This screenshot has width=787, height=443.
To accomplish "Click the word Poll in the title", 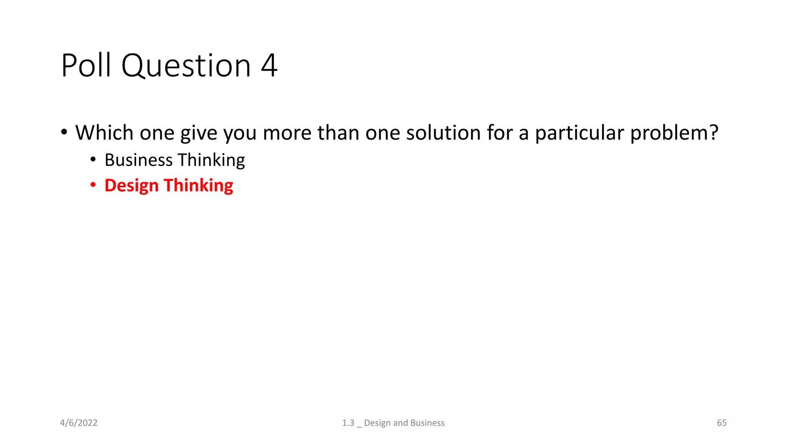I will click(86, 65).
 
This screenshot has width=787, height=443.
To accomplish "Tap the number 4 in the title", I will click(269, 65).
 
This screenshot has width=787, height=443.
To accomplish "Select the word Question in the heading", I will click(186, 66).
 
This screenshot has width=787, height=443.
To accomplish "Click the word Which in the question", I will click(104, 133).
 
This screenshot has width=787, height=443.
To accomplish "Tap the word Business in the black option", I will click(139, 160).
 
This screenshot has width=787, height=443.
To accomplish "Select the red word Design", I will click(131, 186).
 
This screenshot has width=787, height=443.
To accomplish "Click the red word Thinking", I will click(198, 185).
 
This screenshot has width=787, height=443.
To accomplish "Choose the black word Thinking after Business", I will click(211, 160).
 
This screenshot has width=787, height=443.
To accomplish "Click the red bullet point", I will click(93, 185).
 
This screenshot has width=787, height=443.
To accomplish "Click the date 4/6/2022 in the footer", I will click(79, 423).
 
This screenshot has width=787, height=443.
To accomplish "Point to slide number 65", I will click(722, 423).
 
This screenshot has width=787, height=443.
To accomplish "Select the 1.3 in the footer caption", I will click(348, 423).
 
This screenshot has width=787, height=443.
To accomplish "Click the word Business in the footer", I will click(427, 423).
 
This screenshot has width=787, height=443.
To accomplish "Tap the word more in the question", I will click(287, 133).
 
